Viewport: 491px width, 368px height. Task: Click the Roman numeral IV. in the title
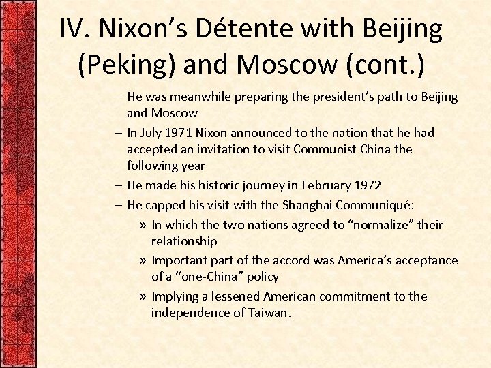[76, 29]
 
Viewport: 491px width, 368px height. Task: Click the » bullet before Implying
[142, 296]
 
